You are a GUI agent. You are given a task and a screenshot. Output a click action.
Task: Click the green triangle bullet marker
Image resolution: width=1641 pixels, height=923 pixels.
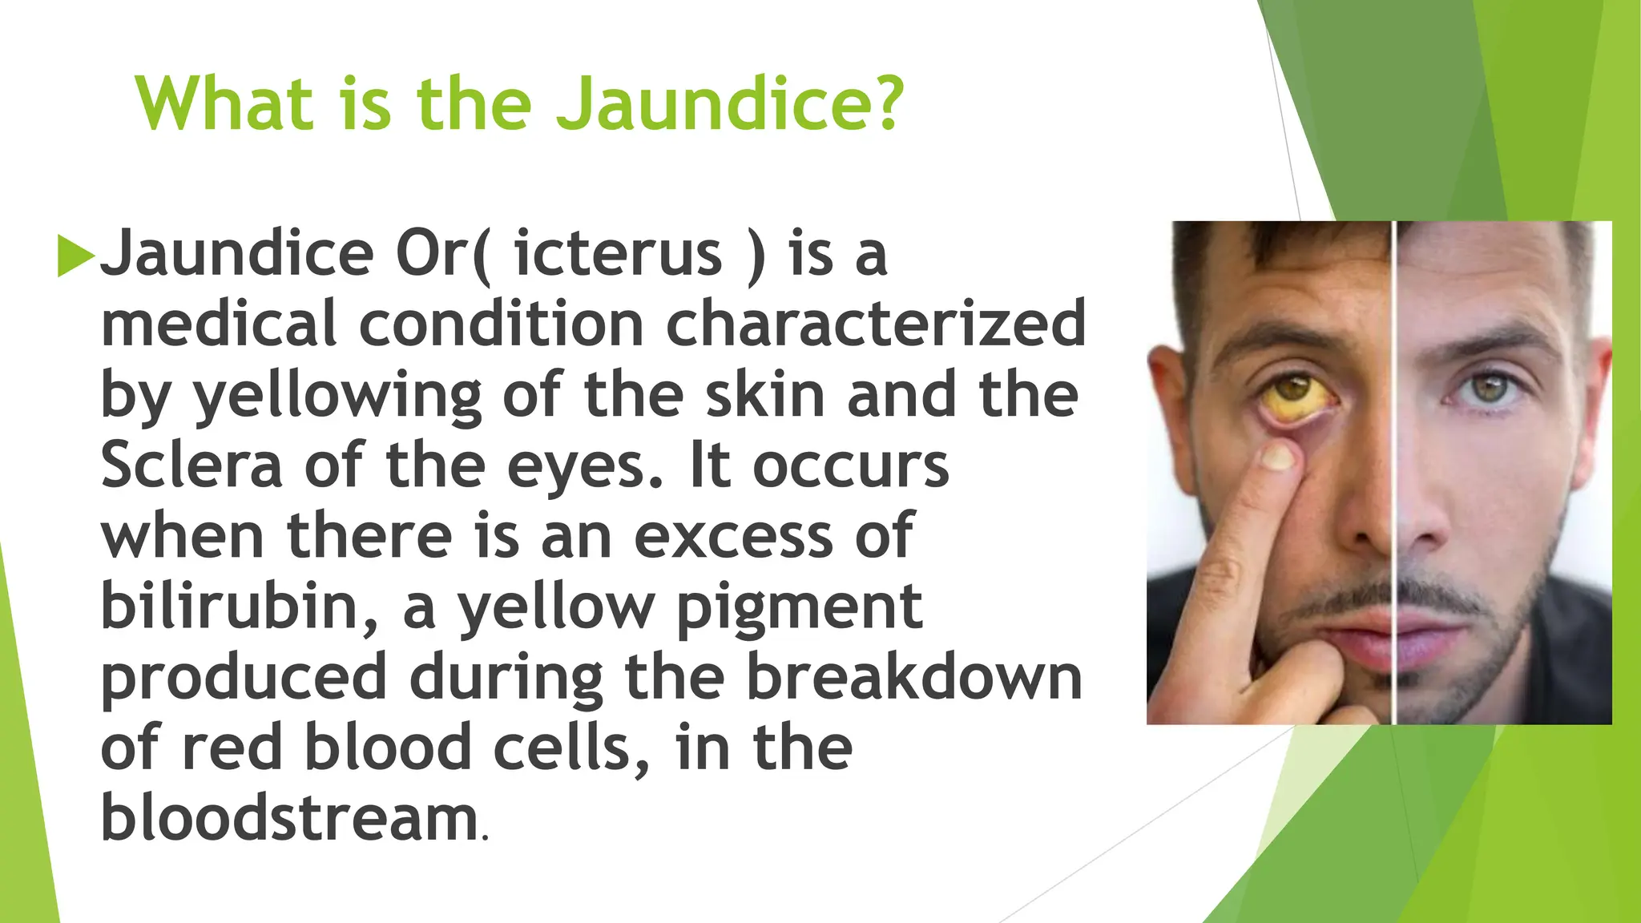[x=75, y=256]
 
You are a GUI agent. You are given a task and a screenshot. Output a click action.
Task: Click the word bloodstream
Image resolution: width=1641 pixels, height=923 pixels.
[x=289, y=818]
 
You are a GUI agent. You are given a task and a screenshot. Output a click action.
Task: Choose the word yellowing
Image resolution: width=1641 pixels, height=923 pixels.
[x=337, y=397]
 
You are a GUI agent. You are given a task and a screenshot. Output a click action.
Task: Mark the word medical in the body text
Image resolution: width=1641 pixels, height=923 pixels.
[x=218, y=324]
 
